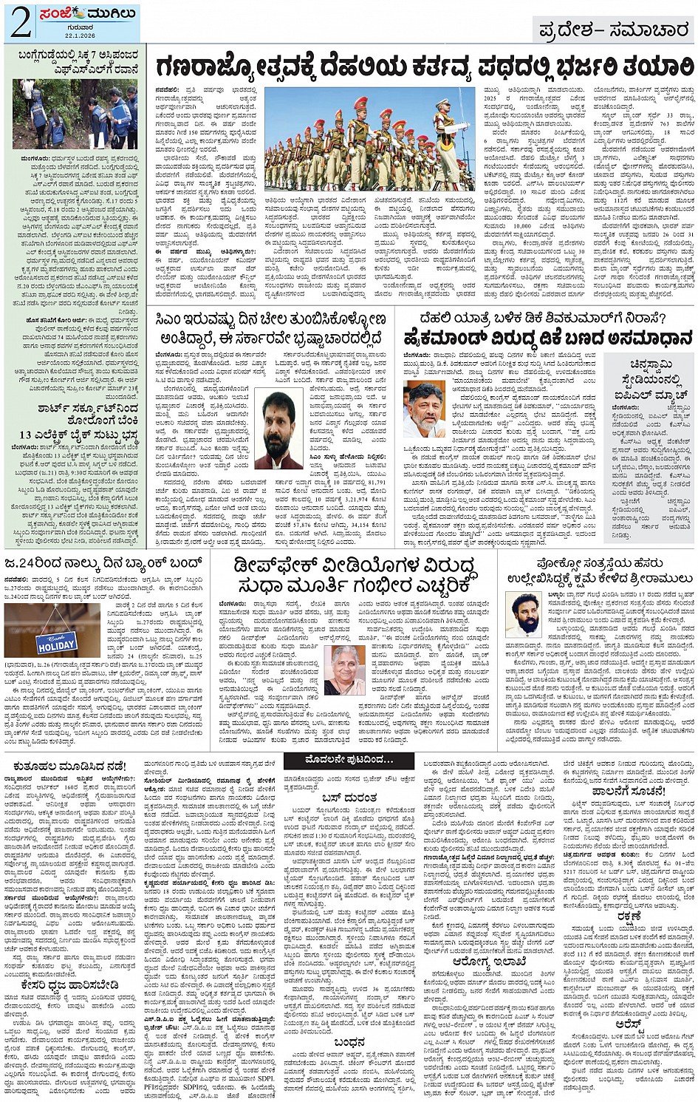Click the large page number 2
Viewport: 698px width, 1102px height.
pyautogui.click(x=19, y=23)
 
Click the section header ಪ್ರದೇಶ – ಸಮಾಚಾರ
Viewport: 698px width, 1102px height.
pyautogui.click(x=614, y=30)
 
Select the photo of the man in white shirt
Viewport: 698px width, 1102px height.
pyautogui.click(x=424, y=410)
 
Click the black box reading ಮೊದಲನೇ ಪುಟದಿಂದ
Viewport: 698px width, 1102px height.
pyautogui.click(x=349, y=760)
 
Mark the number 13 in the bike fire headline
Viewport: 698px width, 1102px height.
pyautogui.click(x=27, y=435)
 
